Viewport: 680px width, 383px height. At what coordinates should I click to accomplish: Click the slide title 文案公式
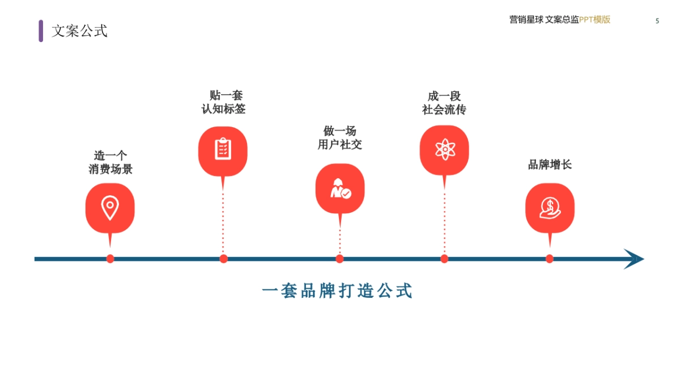[x=79, y=31]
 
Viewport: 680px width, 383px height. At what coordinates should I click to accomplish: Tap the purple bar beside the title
[x=41, y=31]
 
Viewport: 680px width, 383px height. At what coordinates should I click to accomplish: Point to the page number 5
[x=657, y=21]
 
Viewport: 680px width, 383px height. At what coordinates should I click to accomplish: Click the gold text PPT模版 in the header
[x=594, y=20]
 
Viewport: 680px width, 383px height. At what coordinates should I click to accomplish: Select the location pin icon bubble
[x=110, y=208]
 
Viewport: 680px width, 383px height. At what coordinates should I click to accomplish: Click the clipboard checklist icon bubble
[x=223, y=150]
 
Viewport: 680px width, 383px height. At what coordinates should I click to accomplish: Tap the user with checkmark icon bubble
[x=340, y=188]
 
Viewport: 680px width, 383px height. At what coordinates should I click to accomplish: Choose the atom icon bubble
[x=444, y=150]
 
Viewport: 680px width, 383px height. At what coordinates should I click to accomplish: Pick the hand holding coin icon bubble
[x=550, y=208]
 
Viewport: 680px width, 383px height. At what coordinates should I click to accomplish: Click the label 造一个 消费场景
[x=110, y=162]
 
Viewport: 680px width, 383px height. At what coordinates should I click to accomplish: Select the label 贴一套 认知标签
[x=224, y=102]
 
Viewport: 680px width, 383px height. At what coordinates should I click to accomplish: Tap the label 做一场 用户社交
[x=340, y=138]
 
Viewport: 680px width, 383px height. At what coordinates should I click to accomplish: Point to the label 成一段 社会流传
[x=444, y=103]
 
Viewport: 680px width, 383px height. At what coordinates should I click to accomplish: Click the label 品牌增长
[x=550, y=165]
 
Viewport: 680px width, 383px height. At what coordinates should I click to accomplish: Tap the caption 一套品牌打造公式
[x=337, y=291]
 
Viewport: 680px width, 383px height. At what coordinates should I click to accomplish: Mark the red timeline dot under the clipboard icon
[x=224, y=259]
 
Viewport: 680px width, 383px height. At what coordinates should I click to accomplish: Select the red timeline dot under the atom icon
[x=444, y=259]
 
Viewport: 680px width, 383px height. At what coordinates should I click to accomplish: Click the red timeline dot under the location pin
[x=110, y=259]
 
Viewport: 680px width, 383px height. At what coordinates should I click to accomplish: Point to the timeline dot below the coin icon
[x=550, y=259]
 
